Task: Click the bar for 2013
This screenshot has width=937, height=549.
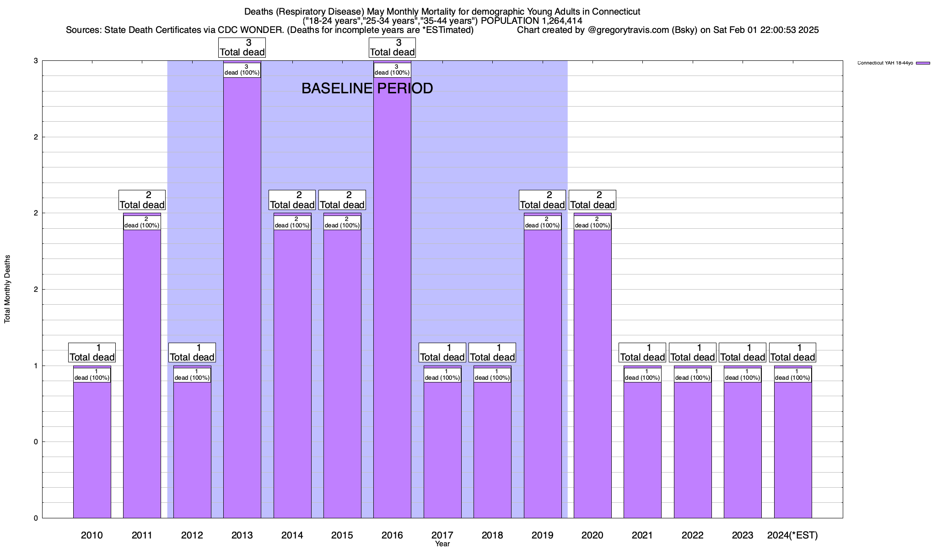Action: point(242,297)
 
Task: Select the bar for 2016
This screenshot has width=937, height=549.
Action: point(392,297)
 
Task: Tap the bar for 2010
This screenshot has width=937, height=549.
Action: point(92,448)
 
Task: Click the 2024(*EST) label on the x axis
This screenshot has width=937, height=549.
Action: point(792,535)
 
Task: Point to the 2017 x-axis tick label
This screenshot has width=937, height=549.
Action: point(442,535)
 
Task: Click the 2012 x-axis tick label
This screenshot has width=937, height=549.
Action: point(192,535)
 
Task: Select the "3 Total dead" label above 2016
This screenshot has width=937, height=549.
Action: point(392,48)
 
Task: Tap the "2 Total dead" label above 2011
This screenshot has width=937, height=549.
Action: point(142,200)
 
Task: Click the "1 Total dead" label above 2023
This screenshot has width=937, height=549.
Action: point(743,353)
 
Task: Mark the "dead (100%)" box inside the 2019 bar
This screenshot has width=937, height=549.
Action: point(543,222)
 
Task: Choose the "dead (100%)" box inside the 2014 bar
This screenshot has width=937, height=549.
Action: point(292,222)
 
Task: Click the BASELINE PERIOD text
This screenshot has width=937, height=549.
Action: point(367,88)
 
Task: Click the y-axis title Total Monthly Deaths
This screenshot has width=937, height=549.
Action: point(7,289)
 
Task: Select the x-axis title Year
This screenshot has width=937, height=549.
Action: point(442,544)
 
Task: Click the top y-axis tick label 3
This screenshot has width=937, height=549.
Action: point(36,61)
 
